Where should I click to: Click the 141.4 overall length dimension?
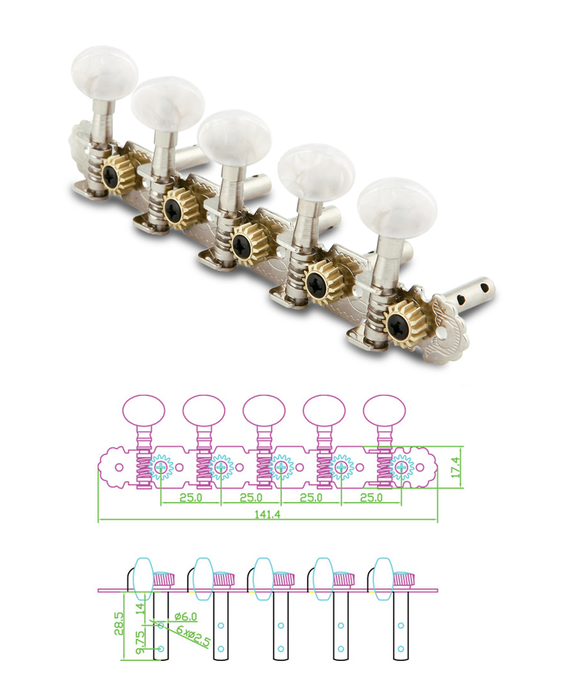tap(267, 514)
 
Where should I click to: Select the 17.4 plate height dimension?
tap(456, 467)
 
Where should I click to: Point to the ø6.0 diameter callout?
tap(185, 616)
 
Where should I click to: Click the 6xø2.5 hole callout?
tap(193, 636)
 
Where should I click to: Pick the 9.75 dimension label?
tap(141, 641)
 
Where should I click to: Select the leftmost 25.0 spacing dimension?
tap(191, 497)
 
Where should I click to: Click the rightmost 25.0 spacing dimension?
tap(371, 497)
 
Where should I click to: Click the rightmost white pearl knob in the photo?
tap(396, 207)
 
